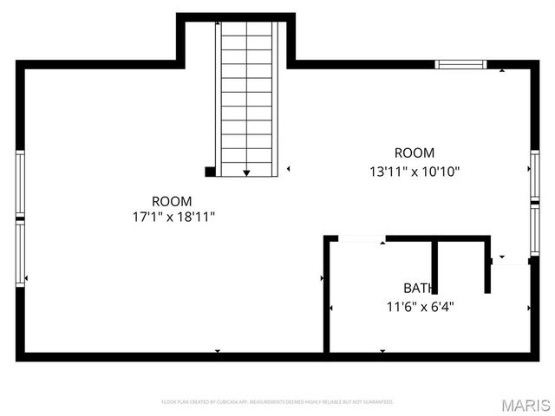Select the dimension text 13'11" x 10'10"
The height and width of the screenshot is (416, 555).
[414, 172]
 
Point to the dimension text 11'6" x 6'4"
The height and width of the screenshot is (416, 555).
[420, 306]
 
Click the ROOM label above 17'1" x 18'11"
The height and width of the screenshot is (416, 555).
[168, 200]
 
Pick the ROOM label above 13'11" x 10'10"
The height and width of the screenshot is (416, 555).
[414, 153]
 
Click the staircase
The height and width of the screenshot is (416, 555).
[247, 95]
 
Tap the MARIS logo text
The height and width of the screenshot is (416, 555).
[526, 404]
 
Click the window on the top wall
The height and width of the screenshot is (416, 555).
[460, 63]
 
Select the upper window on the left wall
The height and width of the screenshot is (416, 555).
[20, 184]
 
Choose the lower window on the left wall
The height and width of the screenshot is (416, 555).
[20, 255]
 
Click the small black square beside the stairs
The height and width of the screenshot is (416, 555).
[209, 172]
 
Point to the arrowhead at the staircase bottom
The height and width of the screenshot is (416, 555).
[247, 173]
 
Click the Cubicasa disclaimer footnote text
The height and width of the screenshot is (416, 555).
[277, 402]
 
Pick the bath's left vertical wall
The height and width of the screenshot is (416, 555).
[327, 295]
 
